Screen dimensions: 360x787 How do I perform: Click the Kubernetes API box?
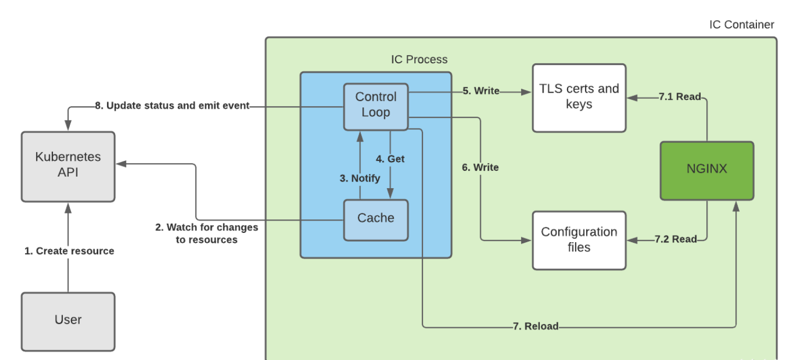(68, 166)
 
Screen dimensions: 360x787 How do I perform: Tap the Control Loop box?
(376, 106)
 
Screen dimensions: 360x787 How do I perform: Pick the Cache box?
(376, 219)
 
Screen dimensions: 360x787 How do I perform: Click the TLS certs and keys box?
(579, 97)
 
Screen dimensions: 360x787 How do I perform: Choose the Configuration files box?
(579, 240)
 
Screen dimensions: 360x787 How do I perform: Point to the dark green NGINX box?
(707, 170)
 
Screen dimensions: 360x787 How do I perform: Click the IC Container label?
(741, 25)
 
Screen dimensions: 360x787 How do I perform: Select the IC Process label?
(419, 59)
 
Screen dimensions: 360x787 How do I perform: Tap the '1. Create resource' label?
(69, 251)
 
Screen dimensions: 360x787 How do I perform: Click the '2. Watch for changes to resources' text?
(206, 233)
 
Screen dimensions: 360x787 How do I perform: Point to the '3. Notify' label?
(360, 178)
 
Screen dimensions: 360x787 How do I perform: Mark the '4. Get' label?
(390, 159)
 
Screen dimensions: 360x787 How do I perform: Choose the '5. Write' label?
(481, 91)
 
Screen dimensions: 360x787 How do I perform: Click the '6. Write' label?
(480, 167)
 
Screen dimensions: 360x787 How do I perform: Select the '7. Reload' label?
(535, 326)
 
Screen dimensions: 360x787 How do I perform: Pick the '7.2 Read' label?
(676, 239)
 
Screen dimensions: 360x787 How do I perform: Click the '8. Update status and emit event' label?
(172, 106)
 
